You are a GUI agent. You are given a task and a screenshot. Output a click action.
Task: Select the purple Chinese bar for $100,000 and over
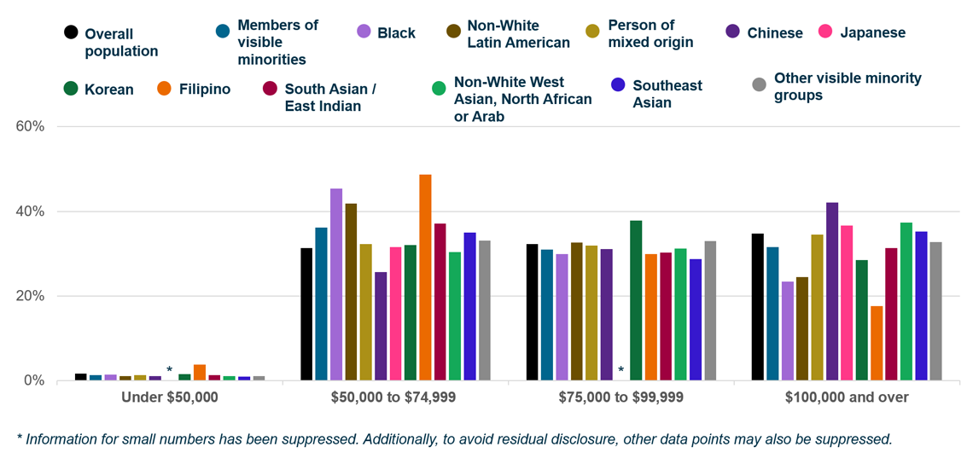832,291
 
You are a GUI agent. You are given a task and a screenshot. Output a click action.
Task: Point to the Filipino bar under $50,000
200,372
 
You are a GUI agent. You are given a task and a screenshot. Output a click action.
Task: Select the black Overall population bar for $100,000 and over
757,306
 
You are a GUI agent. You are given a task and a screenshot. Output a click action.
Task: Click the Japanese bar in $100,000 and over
847,303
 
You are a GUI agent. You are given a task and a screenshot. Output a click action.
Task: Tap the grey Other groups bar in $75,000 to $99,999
710,310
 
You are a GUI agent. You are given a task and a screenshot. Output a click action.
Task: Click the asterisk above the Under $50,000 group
169,370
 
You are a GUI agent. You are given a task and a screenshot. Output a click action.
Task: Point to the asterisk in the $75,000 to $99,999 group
621,370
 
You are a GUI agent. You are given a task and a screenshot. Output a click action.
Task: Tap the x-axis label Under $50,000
170,397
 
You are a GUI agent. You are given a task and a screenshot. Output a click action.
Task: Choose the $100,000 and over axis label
848,397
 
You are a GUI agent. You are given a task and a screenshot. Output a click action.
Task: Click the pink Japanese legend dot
825,32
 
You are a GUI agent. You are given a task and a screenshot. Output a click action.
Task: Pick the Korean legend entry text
109,90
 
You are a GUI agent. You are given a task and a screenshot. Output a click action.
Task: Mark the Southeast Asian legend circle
619,84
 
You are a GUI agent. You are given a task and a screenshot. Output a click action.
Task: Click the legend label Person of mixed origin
650,33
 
